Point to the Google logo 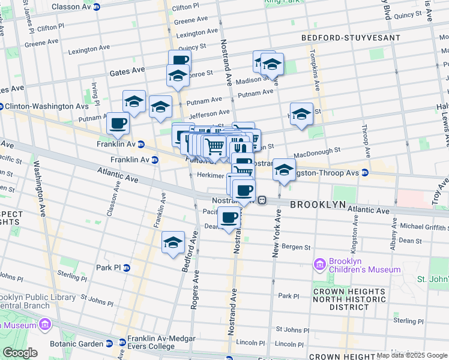(x=19, y=353)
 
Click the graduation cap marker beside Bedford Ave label (x=173, y=243)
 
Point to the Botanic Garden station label (x=77, y=344)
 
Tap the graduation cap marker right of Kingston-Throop (x=284, y=169)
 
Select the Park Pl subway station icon (x=127, y=268)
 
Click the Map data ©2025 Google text (x=412, y=355)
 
